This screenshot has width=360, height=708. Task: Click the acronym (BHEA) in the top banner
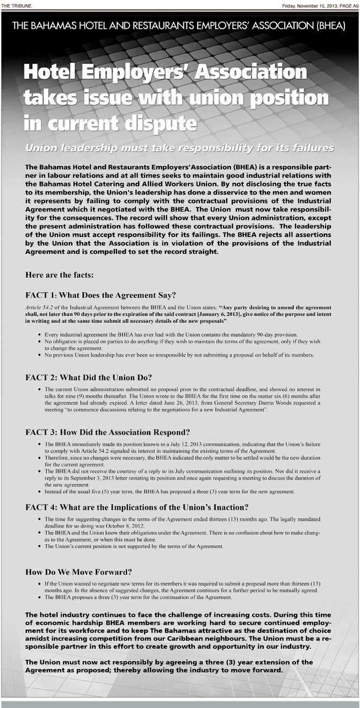[x=329, y=25]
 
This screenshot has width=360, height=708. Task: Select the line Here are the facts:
[x=59, y=275]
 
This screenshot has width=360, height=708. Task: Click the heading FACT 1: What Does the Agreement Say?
[x=100, y=295]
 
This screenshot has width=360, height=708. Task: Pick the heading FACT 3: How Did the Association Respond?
[x=107, y=432]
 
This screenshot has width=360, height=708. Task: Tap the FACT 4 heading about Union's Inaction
[x=136, y=507]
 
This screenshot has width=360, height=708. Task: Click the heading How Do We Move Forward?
[x=78, y=571]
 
